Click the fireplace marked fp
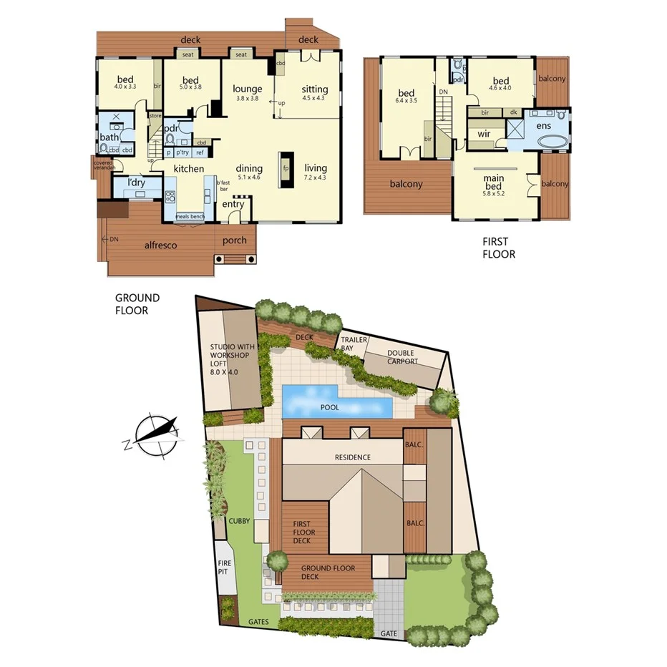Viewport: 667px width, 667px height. tap(286, 168)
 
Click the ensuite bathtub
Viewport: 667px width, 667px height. tap(551, 142)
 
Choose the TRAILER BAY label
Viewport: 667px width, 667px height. tap(354, 344)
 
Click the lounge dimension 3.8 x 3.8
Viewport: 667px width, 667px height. tap(248, 98)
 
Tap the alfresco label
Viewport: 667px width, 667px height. tap(160, 245)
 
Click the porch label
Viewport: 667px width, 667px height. tap(234, 240)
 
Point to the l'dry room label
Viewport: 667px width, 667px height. tap(137, 183)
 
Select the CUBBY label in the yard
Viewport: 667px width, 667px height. tap(239, 521)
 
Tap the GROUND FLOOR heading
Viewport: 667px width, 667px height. tap(137, 303)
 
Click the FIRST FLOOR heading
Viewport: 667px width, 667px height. tap(498, 248)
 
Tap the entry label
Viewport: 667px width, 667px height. tap(233, 205)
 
